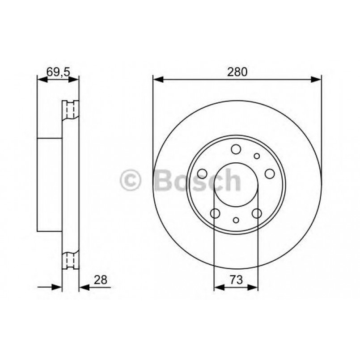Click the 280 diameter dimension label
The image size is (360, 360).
(x=237, y=72)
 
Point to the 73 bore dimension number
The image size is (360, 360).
(x=236, y=280)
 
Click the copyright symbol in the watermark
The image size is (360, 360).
(x=131, y=180)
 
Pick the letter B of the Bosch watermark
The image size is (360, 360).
(x=164, y=180)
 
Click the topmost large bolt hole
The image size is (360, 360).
(x=236, y=149)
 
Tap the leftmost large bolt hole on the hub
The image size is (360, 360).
(x=202, y=174)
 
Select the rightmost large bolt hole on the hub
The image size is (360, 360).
(x=270, y=174)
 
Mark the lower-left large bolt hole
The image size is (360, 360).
(x=215, y=214)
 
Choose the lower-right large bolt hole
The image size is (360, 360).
(x=257, y=214)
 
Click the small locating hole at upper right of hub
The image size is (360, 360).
(x=257, y=156)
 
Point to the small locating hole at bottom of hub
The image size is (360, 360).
(x=236, y=220)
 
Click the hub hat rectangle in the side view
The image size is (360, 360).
(x=49, y=184)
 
